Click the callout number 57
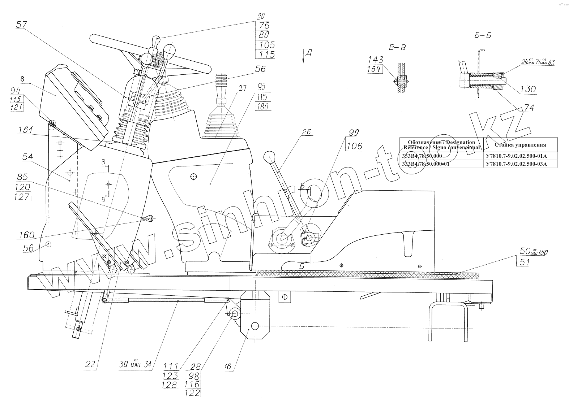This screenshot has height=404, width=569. [x=22, y=25]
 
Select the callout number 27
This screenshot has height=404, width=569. [x=242, y=89]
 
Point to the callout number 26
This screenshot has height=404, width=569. [x=307, y=132]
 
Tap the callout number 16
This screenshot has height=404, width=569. [x=227, y=367]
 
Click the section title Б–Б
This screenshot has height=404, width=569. [x=482, y=36]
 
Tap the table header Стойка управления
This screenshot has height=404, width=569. [x=520, y=145]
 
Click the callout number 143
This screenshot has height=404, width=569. [x=376, y=60]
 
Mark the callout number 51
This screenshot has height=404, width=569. [x=524, y=262]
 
